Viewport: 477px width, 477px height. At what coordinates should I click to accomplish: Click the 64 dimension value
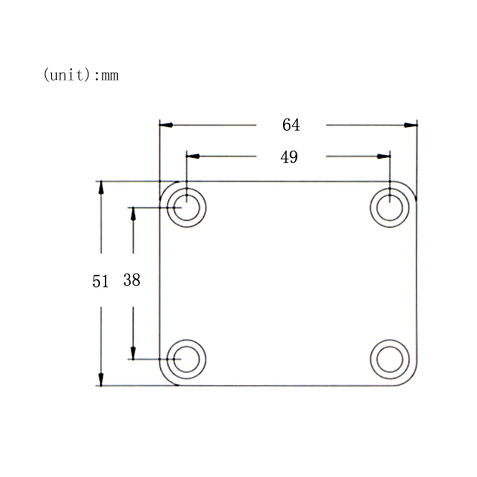(x=291, y=125)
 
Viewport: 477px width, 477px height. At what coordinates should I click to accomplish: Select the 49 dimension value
(x=289, y=157)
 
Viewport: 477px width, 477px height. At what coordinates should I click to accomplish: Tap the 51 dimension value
(x=100, y=281)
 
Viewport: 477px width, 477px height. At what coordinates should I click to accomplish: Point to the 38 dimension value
(x=132, y=280)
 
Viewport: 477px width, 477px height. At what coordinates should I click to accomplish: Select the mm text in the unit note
(x=110, y=75)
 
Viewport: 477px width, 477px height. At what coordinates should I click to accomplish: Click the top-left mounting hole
(x=187, y=208)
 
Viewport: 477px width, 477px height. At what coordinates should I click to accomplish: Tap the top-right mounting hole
(x=389, y=208)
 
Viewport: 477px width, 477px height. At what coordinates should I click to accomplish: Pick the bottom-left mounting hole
(x=187, y=359)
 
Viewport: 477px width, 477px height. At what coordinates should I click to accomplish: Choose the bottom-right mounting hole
(x=389, y=359)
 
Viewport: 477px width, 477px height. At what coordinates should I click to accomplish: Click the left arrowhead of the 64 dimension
(x=166, y=125)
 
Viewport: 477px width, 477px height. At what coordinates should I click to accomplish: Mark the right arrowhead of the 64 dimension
(x=410, y=125)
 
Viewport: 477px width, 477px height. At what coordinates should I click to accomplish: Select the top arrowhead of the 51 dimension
(x=101, y=188)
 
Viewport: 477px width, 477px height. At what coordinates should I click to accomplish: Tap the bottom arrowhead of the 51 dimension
(x=101, y=379)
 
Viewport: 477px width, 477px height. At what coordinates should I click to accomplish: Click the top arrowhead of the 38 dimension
(x=133, y=214)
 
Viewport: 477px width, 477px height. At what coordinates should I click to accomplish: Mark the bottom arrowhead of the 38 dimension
(x=133, y=353)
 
